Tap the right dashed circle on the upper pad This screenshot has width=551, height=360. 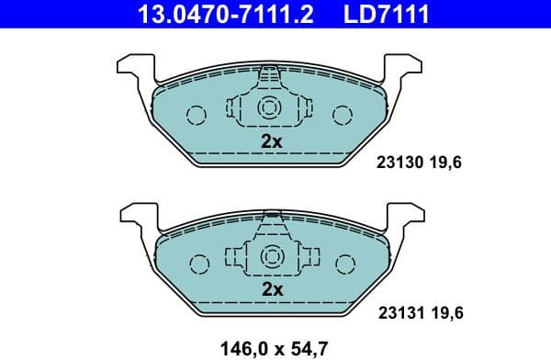343,115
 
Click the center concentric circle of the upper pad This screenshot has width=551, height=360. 269,107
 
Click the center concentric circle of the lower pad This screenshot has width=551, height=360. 270,256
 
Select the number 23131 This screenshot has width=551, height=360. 399,313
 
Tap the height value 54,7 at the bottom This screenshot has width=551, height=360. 309,348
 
